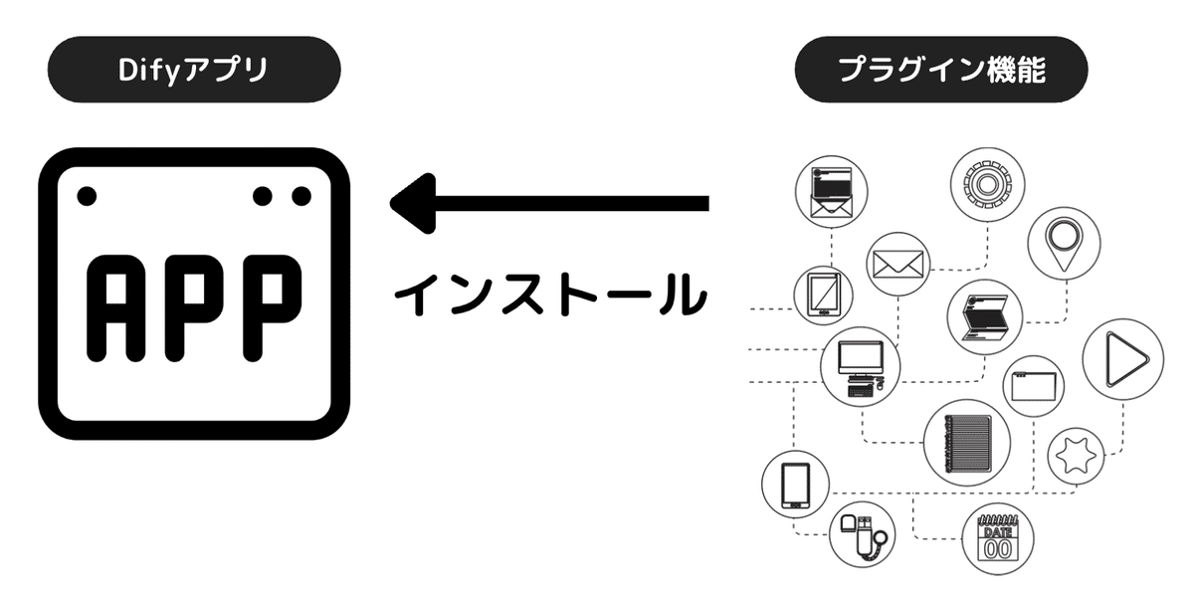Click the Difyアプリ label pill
(194, 70)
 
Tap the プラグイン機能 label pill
(940, 70)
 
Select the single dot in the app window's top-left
(88, 195)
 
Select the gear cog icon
(987, 185)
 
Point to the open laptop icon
(984, 315)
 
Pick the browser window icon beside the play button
(1033, 385)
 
